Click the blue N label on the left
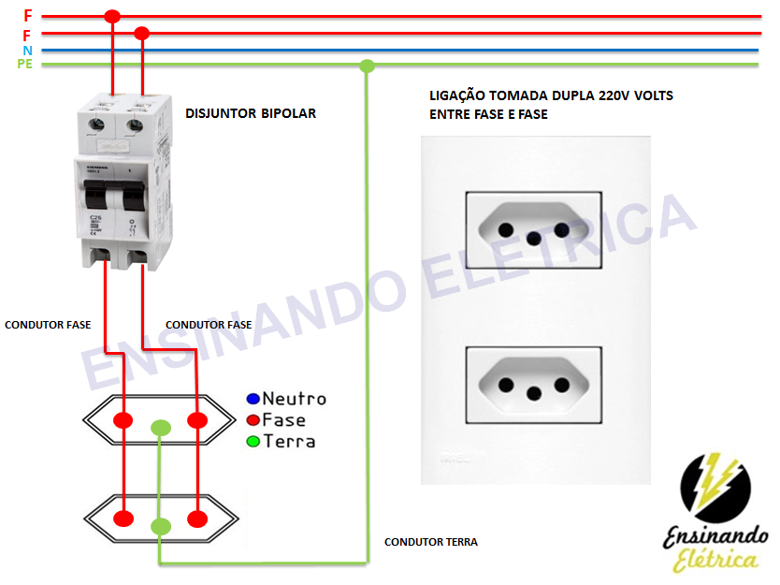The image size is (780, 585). click(27, 50)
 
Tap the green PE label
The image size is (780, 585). click(24, 64)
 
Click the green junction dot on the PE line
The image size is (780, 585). click(368, 66)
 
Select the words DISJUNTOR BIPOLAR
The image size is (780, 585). click(251, 113)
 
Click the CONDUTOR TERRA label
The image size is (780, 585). click(431, 542)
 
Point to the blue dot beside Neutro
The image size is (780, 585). click(253, 399)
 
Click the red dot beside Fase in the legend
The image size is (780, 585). click(253, 420)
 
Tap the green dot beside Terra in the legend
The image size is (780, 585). click(253, 442)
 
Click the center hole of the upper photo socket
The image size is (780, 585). click(534, 238)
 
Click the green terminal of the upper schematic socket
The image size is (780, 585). click(161, 429)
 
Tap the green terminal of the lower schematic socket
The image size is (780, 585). click(161, 526)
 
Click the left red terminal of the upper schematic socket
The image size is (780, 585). click(123, 418)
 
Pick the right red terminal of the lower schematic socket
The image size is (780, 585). click(196, 518)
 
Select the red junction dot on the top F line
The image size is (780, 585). click(112, 16)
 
